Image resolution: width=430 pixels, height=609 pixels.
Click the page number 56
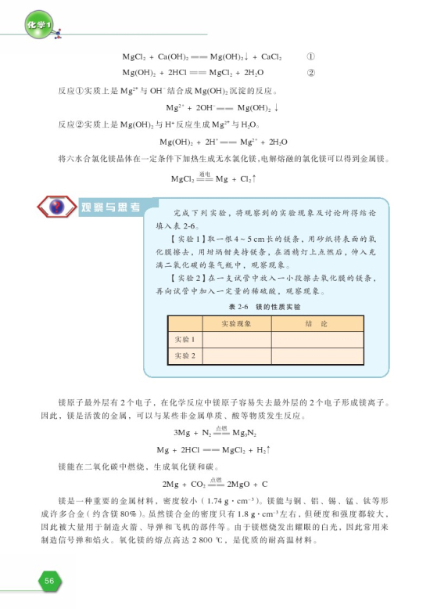48,580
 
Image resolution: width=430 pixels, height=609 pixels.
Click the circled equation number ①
310,57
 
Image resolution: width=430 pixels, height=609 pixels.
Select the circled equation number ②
310,74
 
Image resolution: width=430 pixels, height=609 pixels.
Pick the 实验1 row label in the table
184,339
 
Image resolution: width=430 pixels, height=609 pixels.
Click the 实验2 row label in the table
184,356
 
